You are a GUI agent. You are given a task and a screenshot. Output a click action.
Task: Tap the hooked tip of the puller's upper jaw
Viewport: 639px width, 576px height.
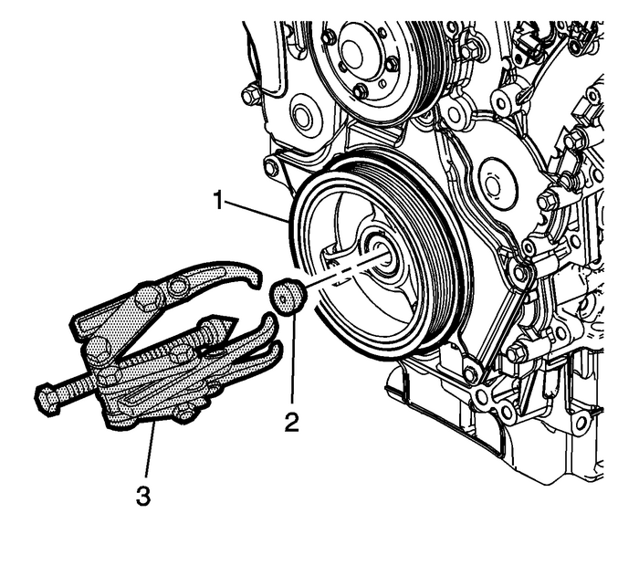pos(249,277)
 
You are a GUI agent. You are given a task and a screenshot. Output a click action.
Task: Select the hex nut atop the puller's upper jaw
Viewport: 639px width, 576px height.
pos(146,297)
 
